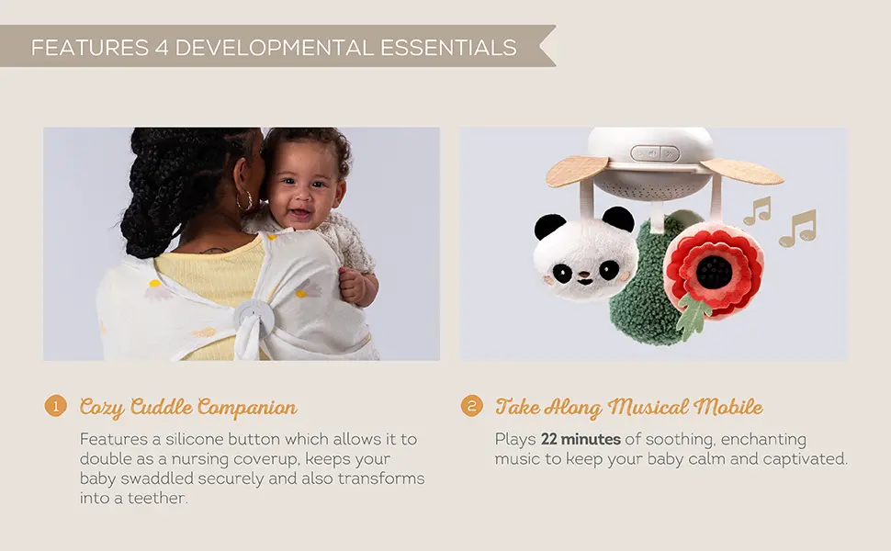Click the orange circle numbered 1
(56, 406)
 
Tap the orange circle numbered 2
(471, 406)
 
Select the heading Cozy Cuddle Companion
(188, 407)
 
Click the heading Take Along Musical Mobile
(629, 407)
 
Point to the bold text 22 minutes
(581, 440)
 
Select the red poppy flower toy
(714, 267)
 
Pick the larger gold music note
(797, 229)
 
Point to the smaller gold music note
(756, 211)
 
